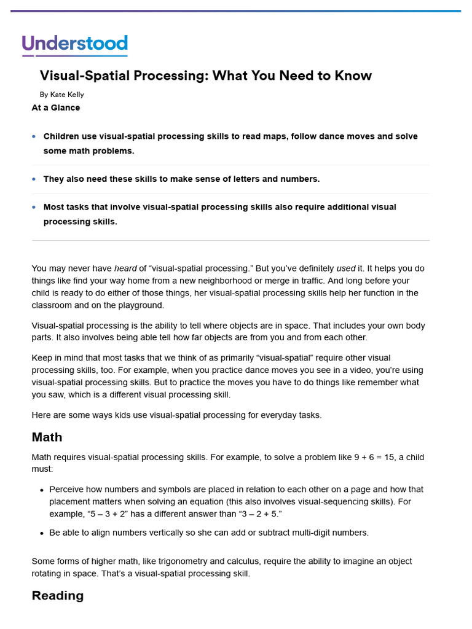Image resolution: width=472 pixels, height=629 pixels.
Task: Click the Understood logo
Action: tap(74, 45)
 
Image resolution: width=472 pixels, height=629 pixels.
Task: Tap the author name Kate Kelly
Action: tap(67, 95)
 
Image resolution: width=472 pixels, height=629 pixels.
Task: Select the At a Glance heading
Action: tap(56, 107)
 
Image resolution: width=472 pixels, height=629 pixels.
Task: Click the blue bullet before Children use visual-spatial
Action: tap(34, 136)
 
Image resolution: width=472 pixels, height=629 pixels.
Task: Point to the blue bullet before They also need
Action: tap(34, 179)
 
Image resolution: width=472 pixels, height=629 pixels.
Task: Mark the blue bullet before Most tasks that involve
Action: tap(34, 208)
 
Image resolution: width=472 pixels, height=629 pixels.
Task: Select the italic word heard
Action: tap(125, 268)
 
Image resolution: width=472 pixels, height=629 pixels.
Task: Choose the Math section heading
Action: tap(47, 437)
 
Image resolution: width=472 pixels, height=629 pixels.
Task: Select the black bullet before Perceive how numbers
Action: tap(41, 490)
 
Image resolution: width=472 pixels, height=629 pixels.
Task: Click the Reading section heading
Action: tap(57, 595)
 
